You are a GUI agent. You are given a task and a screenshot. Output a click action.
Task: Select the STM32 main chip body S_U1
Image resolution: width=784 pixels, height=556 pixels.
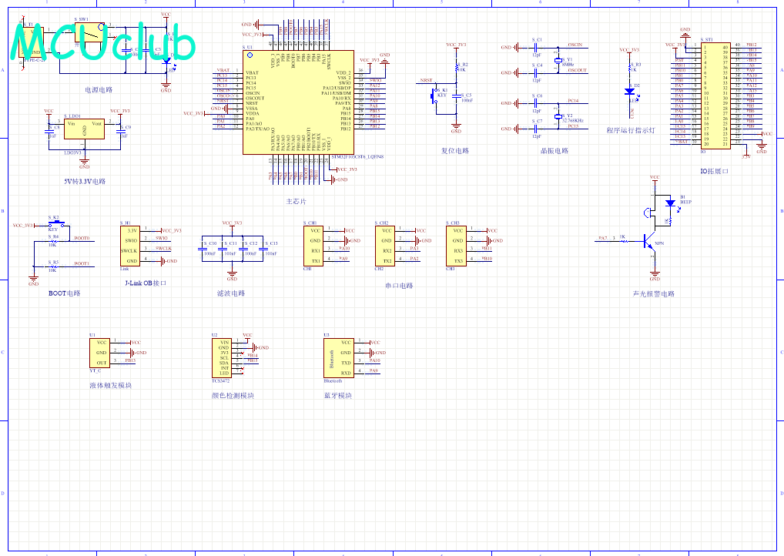(x=298, y=102)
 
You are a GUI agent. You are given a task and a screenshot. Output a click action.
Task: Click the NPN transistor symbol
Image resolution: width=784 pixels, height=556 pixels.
(x=649, y=239)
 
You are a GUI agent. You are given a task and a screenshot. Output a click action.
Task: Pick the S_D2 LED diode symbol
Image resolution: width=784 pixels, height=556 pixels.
(x=631, y=91)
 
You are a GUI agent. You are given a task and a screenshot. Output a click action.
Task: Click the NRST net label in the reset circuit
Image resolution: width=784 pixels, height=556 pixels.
(x=425, y=80)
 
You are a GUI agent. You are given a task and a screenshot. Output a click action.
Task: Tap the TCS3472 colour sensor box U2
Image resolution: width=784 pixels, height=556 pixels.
(x=223, y=357)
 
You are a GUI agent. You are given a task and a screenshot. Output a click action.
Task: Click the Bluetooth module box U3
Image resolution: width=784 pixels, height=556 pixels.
(x=336, y=357)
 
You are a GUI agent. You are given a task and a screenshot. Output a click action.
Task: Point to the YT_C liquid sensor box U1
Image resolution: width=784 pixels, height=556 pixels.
(x=100, y=352)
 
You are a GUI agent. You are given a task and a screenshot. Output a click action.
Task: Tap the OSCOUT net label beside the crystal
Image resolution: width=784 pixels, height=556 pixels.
(x=577, y=71)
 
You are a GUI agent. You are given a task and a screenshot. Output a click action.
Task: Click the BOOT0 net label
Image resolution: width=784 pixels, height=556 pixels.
(x=82, y=238)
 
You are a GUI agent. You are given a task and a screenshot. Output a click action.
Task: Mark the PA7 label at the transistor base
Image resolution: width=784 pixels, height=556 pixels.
(x=603, y=238)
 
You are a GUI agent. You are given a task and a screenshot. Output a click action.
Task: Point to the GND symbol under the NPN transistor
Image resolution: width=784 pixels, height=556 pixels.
(x=655, y=276)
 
